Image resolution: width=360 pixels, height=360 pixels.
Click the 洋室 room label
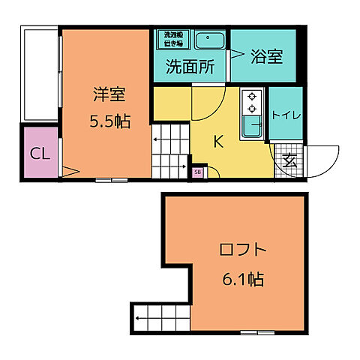click(109, 94)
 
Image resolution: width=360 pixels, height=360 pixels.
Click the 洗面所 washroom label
click(190, 66)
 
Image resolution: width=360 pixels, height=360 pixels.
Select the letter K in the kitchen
click(218, 141)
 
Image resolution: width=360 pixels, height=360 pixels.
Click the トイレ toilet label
click(286, 115)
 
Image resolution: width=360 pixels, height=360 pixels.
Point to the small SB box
click(197, 172)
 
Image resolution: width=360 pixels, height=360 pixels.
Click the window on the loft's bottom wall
click(257, 331)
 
